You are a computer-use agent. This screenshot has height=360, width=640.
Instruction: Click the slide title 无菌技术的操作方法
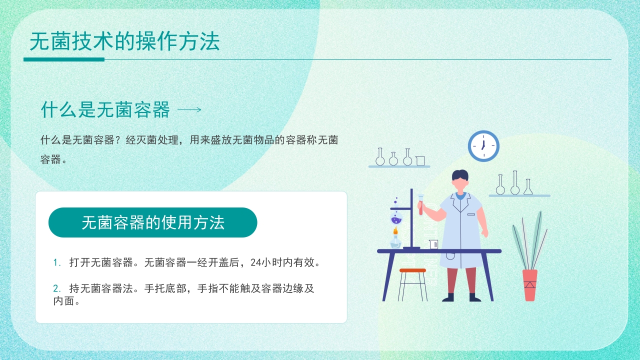coord(124,42)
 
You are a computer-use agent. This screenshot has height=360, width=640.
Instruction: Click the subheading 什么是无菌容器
coord(105,109)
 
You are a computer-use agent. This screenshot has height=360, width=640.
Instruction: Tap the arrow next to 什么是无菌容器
coord(189,110)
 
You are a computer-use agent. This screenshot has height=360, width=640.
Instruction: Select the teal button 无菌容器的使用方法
coord(152,222)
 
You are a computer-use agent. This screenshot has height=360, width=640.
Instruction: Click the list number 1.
coord(56,262)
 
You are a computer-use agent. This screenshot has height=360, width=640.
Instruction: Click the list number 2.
coord(56,288)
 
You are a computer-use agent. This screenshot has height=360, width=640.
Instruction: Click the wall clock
coord(483,146)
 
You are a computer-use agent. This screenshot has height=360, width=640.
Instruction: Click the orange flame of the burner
coord(395,231)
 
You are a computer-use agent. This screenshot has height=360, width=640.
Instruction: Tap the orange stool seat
coord(412,270)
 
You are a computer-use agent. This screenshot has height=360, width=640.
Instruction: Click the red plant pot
coord(530,285)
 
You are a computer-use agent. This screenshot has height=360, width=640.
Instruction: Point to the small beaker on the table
coord(433,244)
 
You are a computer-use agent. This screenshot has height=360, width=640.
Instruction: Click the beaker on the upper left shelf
coord(420,160)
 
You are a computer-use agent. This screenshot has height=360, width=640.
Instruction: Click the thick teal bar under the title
coord(64,59)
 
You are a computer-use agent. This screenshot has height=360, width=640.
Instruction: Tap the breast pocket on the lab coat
coord(471,214)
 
